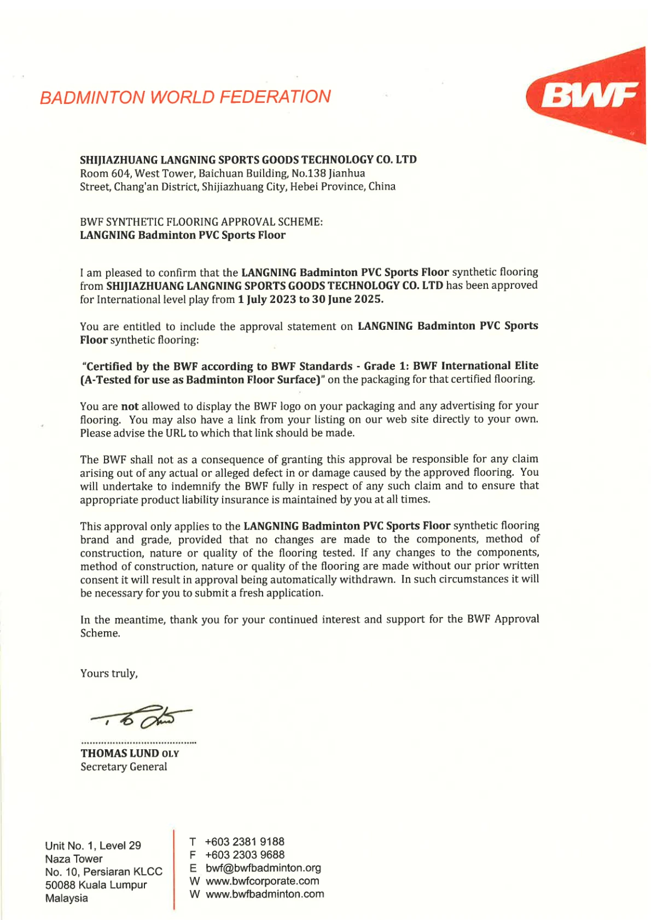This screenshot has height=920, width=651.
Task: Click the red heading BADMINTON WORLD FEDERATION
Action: click(x=185, y=97)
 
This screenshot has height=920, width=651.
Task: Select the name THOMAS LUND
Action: click(x=120, y=753)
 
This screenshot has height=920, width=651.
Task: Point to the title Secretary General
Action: click(x=124, y=767)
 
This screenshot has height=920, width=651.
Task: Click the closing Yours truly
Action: click(x=109, y=673)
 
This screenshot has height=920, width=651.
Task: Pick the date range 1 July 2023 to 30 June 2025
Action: click(x=310, y=299)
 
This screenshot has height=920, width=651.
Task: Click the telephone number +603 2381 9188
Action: click(x=245, y=842)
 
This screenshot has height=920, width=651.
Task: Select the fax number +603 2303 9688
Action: click(x=245, y=855)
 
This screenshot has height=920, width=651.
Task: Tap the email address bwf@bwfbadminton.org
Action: click(x=263, y=868)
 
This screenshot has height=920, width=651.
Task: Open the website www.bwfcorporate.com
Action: click(x=262, y=881)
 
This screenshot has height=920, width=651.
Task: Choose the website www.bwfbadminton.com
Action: click(x=265, y=894)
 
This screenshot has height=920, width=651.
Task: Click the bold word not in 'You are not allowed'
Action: click(x=130, y=406)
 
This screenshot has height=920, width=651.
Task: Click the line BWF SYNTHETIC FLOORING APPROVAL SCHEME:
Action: click(x=201, y=222)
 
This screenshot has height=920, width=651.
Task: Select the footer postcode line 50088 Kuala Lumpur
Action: click(x=96, y=885)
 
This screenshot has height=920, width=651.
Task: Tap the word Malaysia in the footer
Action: click(x=67, y=898)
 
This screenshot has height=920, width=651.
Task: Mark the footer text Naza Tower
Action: click(x=74, y=859)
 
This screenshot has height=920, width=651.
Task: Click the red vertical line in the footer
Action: click(x=174, y=870)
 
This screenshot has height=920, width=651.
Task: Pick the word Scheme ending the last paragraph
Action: click(x=99, y=633)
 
